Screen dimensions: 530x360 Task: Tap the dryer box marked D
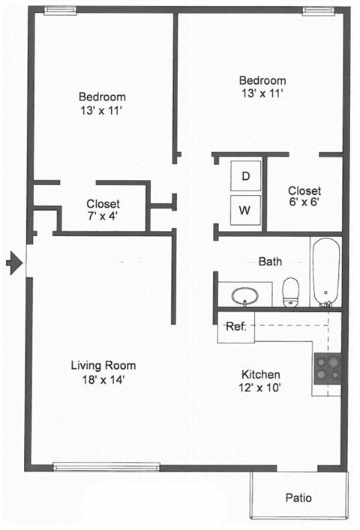click(245, 176)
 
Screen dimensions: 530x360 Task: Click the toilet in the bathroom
click(290, 292)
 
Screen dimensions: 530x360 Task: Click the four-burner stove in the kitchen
click(327, 367)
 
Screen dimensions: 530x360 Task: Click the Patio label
click(299, 498)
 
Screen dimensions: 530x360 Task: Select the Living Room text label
click(103, 366)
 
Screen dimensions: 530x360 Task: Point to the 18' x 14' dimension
click(103, 379)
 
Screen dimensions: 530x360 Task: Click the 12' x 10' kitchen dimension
click(260, 388)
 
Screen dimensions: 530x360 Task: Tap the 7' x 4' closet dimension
click(103, 217)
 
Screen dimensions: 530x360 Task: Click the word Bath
click(270, 262)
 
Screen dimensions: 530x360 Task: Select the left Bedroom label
click(102, 97)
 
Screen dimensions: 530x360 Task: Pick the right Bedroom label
click(262, 81)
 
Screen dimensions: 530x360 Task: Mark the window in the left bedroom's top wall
click(59, 10)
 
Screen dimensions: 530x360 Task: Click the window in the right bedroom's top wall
click(317, 10)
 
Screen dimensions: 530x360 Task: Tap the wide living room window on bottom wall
click(106, 468)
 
